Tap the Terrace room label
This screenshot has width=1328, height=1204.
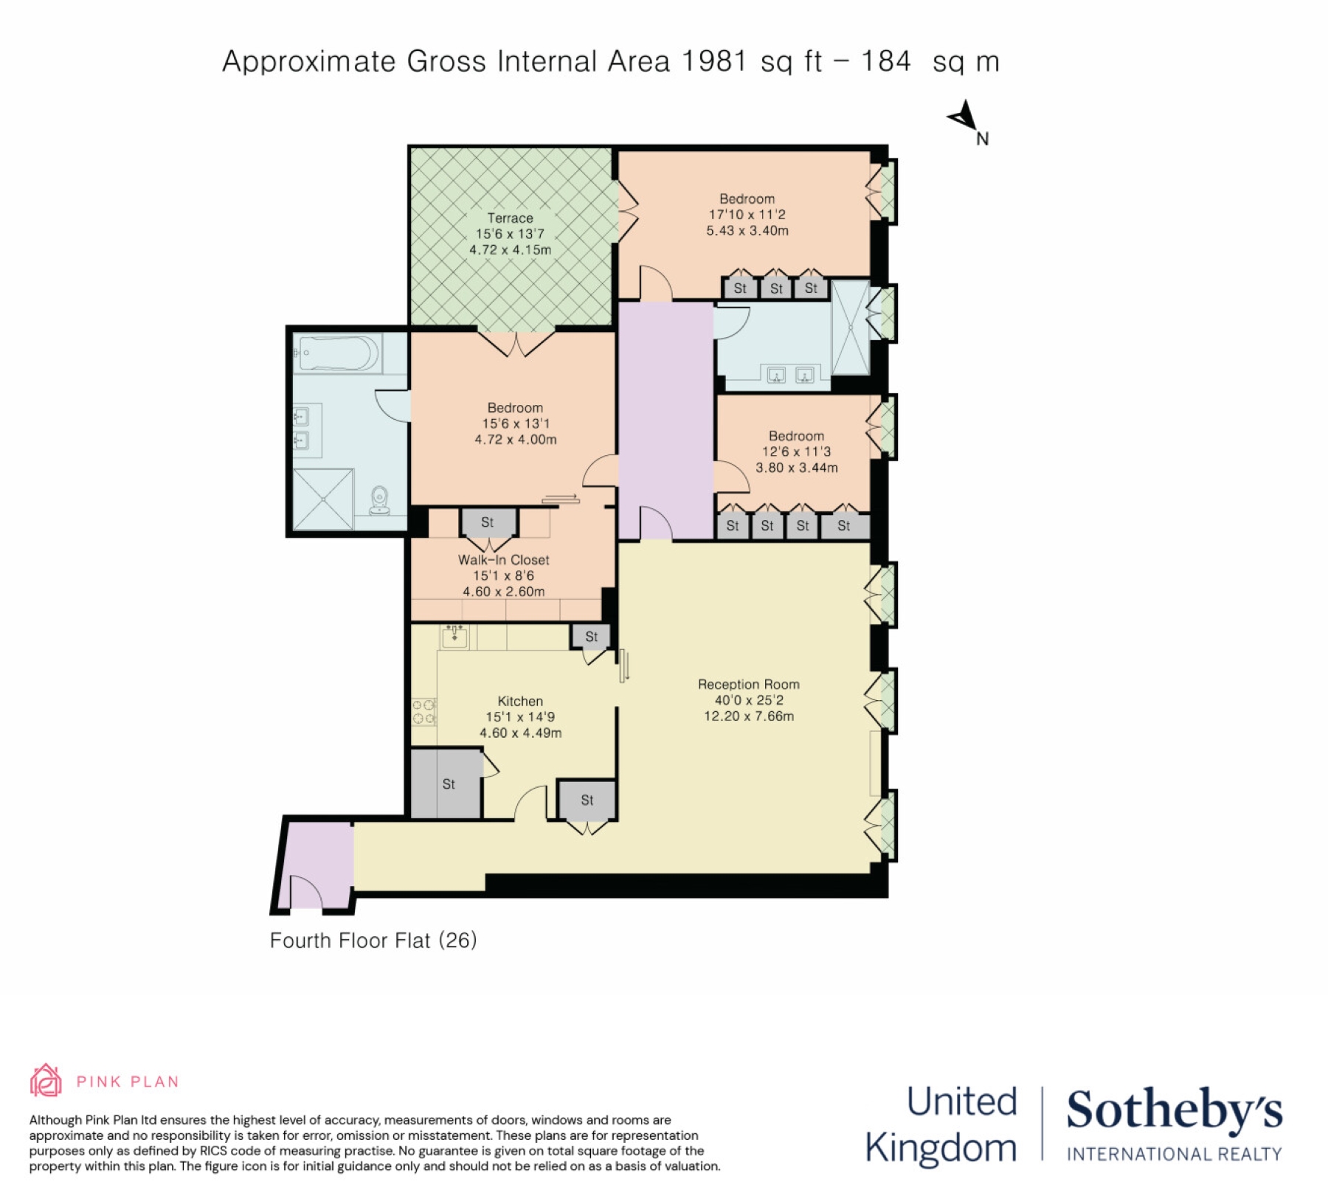(x=510, y=218)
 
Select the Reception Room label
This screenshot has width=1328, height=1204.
(x=749, y=685)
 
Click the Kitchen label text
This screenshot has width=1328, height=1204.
(x=520, y=701)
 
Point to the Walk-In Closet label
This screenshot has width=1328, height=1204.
(x=504, y=560)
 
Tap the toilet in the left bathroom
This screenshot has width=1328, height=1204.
(x=379, y=500)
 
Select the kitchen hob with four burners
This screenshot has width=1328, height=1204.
(x=423, y=712)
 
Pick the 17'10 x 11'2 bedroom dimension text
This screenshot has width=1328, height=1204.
(x=747, y=215)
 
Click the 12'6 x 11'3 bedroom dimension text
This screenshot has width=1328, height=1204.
(x=797, y=451)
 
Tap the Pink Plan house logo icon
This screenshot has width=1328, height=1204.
(x=46, y=1080)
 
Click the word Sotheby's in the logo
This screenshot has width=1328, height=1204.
(x=1175, y=1110)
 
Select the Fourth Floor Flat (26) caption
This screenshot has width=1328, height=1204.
(x=373, y=941)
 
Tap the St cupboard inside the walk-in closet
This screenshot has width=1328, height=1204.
(x=488, y=522)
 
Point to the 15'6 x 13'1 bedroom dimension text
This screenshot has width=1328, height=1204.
(x=516, y=423)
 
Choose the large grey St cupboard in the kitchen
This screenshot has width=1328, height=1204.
(x=446, y=783)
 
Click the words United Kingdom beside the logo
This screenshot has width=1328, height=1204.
(x=941, y=1125)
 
